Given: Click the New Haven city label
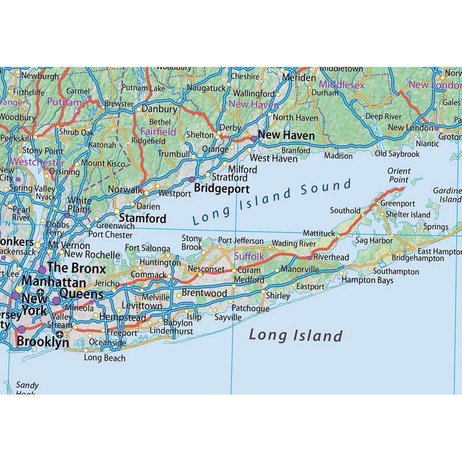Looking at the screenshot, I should click(x=286, y=136).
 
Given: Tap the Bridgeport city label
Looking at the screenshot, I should click(x=221, y=189).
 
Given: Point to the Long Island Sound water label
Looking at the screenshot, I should click(x=271, y=202).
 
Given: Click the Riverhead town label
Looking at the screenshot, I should click(x=331, y=257).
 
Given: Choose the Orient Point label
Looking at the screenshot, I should click(x=398, y=176).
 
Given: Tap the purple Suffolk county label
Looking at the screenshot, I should click(x=248, y=255).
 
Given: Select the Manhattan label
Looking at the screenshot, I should click(x=54, y=283).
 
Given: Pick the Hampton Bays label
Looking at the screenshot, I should click(x=367, y=280).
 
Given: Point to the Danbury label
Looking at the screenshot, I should click(x=159, y=109).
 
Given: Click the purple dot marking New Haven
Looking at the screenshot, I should click(x=253, y=139).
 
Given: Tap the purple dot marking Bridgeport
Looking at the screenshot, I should click(x=192, y=180).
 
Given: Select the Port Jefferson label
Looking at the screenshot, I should click(x=240, y=241).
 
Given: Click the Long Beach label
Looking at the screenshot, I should click(x=105, y=358).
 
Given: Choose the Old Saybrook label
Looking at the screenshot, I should click(x=397, y=154).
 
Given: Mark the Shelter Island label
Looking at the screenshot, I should click(x=408, y=215).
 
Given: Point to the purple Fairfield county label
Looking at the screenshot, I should click(x=158, y=132).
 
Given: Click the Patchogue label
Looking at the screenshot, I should click(x=251, y=309).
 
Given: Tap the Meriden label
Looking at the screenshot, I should click(x=299, y=77).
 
